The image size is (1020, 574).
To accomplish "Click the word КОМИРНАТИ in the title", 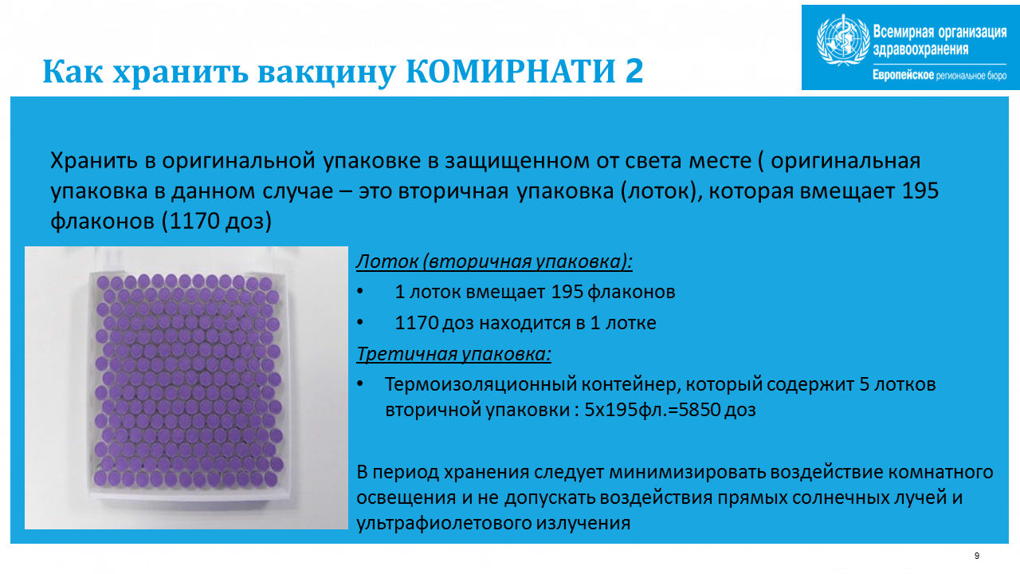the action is pyautogui.click(x=511, y=71).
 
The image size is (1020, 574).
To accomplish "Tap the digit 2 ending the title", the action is pyautogui.click(x=634, y=71).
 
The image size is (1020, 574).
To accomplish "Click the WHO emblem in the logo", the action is pyautogui.click(x=843, y=41).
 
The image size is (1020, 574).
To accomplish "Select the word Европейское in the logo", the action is pyautogui.click(x=904, y=75).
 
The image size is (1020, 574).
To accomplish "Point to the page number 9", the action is pyautogui.click(x=977, y=556).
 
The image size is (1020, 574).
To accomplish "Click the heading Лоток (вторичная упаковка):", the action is pyautogui.click(x=494, y=261).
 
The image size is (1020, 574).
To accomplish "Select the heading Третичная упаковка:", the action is pyautogui.click(x=453, y=354).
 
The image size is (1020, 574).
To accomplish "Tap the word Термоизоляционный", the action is pyautogui.click(x=481, y=384).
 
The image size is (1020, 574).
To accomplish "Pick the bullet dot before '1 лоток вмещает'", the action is pyautogui.click(x=360, y=292).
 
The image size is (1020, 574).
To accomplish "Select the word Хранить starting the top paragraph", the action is pyautogui.click(x=94, y=161).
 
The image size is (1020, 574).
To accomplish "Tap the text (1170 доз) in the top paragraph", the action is pyautogui.click(x=216, y=222).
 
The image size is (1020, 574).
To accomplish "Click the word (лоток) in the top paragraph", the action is pyautogui.click(x=659, y=191).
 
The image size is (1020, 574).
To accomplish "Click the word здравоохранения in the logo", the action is pyautogui.click(x=920, y=49).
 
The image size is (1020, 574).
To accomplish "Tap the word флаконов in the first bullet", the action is pyautogui.click(x=631, y=292).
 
